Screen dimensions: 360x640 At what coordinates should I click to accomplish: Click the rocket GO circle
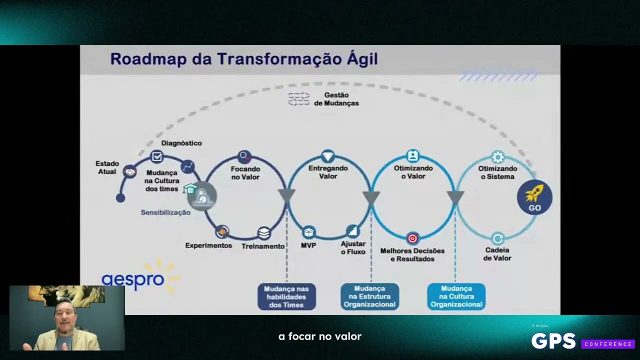pyautogui.click(x=534, y=197)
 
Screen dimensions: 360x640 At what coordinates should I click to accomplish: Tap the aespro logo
pyautogui.click(x=133, y=279)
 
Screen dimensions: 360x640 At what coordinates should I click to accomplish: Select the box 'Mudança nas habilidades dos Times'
pyautogui.click(x=286, y=296)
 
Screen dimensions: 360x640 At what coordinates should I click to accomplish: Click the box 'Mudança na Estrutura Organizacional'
pyautogui.click(x=370, y=296)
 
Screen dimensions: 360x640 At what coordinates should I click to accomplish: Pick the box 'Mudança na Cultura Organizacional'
pyautogui.click(x=456, y=296)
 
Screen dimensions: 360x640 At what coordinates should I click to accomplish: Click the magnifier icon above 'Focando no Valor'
pyautogui.click(x=244, y=156)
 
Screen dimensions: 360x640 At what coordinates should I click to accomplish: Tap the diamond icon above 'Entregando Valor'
pyautogui.click(x=327, y=155)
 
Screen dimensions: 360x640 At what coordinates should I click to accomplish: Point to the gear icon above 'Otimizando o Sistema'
pyautogui.click(x=497, y=157)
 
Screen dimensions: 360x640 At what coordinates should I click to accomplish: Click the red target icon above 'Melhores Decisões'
pyautogui.click(x=412, y=238)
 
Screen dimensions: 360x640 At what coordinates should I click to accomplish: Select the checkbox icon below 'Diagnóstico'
pyautogui.click(x=157, y=157)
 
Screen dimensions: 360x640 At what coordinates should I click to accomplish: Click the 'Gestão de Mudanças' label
pyautogui.click(x=336, y=99)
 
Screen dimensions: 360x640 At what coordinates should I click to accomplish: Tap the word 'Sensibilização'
pyautogui.click(x=165, y=212)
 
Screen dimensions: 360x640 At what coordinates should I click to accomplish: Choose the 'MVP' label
pyautogui.click(x=308, y=245)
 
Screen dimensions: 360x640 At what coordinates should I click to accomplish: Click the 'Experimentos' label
pyautogui.click(x=208, y=245)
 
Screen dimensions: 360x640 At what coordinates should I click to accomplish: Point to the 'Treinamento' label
pyautogui.click(x=263, y=246)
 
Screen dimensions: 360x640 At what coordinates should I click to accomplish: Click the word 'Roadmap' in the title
pyautogui.click(x=147, y=59)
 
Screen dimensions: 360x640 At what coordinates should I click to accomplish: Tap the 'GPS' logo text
pyautogui.click(x=553, y=341)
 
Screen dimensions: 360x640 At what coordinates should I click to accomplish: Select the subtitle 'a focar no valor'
pyautogui.click(x=320, y=336)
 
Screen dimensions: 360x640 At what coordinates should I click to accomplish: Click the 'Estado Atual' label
pyautogui.click(x=107, y=167)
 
